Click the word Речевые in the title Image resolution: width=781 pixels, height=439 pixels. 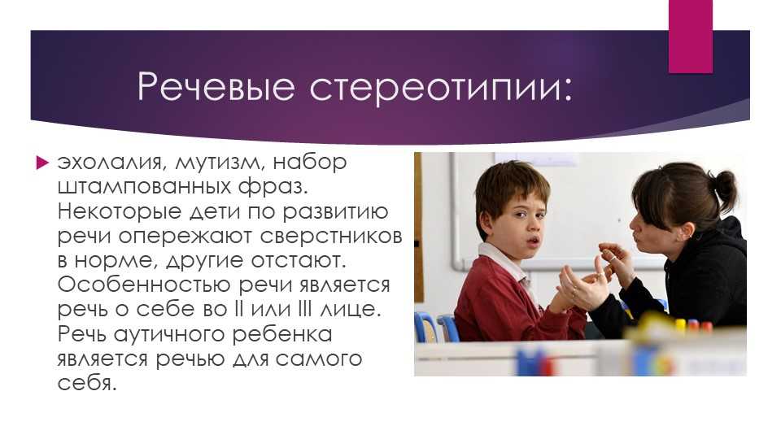tap(216, 87)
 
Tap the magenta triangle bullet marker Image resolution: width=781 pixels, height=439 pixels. tap(43, 163)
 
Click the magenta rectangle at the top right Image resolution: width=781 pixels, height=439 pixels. tap(691, 37)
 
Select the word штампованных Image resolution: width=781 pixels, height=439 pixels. tap(145, 188)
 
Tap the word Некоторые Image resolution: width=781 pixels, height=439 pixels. tap(120, 211)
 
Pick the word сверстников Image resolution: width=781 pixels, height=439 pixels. tap(331, 237)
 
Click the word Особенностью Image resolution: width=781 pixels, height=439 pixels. tap(144, 285)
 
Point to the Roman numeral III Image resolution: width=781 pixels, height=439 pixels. tap(303, 309)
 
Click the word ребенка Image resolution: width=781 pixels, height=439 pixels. tap(282, 334)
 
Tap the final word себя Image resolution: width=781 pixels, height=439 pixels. tap(87, 383)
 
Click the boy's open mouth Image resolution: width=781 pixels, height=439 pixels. tap(533, 241)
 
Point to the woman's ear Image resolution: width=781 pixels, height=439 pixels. tap(688, 230)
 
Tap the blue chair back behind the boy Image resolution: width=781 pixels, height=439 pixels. tap(447, 328)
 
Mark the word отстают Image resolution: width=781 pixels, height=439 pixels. tap(304, 261)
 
